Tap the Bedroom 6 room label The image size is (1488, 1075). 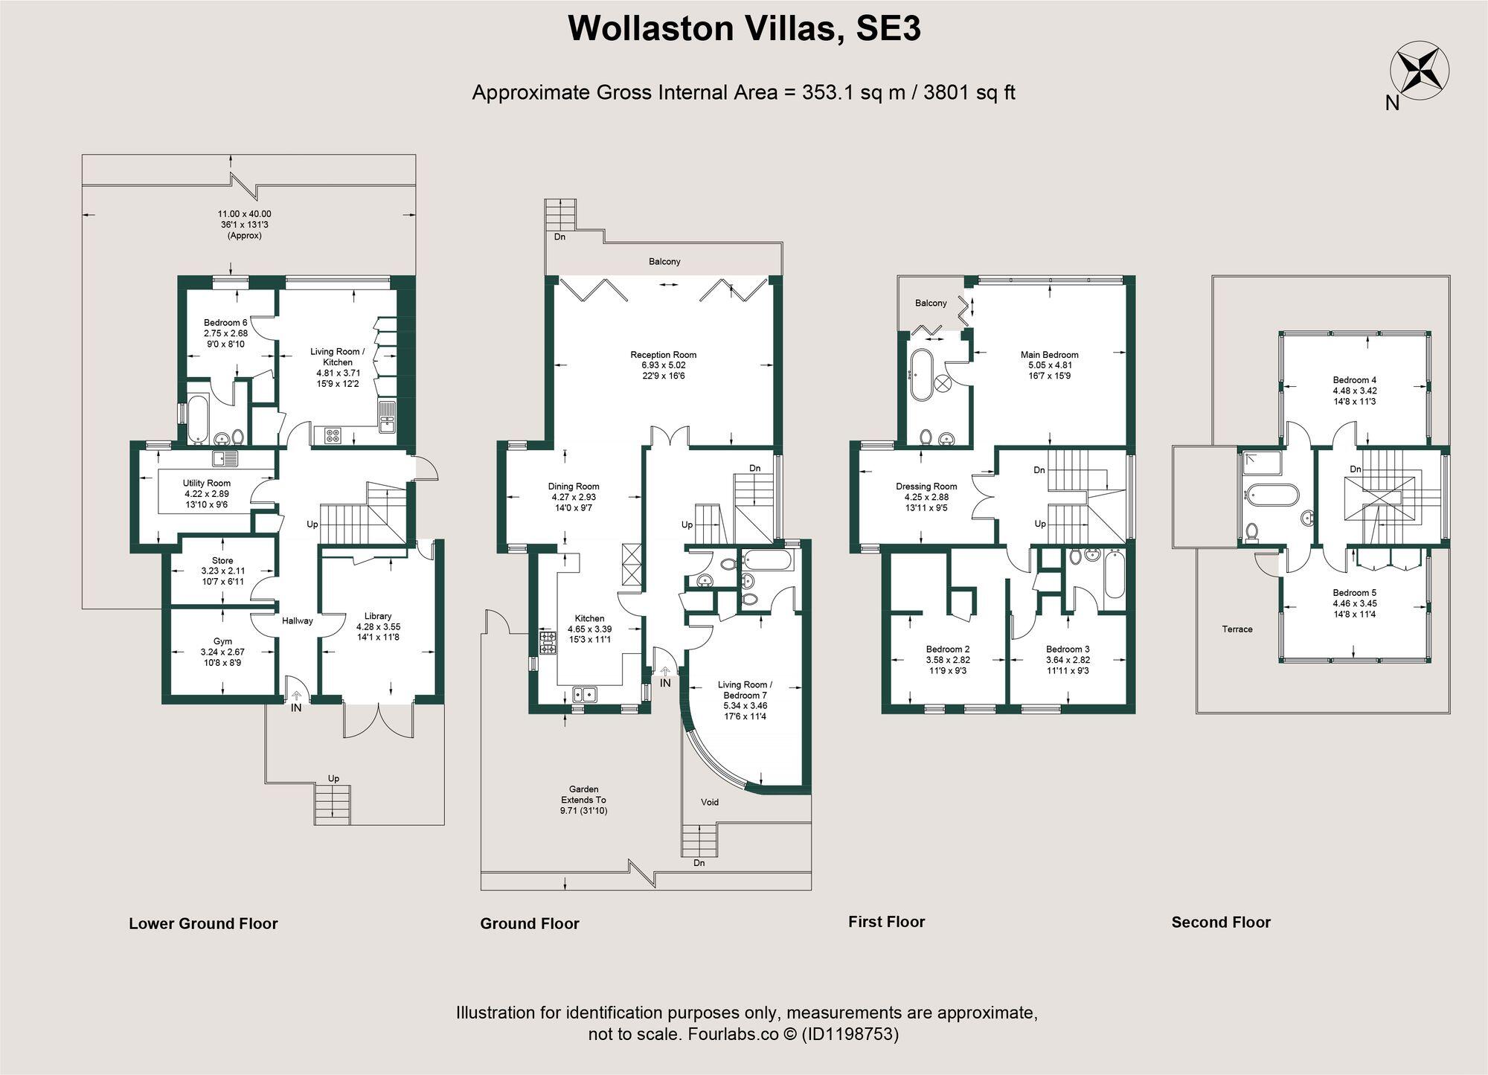point(225,322)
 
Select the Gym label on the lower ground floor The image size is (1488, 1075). point(222,641)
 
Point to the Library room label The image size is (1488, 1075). point(378,616)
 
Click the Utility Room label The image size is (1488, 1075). point(207,483)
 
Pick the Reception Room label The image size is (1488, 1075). point(663,355)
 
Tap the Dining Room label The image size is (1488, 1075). point(573,487)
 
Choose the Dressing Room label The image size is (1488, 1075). point(926,487)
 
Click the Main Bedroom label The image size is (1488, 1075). point(1049,355)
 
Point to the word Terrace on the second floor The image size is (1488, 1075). point(1237,629)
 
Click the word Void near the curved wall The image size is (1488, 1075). point(710,802)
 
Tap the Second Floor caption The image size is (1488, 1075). point(1221,922)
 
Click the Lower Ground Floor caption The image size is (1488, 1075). point(203,924)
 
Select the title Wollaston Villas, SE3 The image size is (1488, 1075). point(744,29)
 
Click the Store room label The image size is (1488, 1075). point(222,560)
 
